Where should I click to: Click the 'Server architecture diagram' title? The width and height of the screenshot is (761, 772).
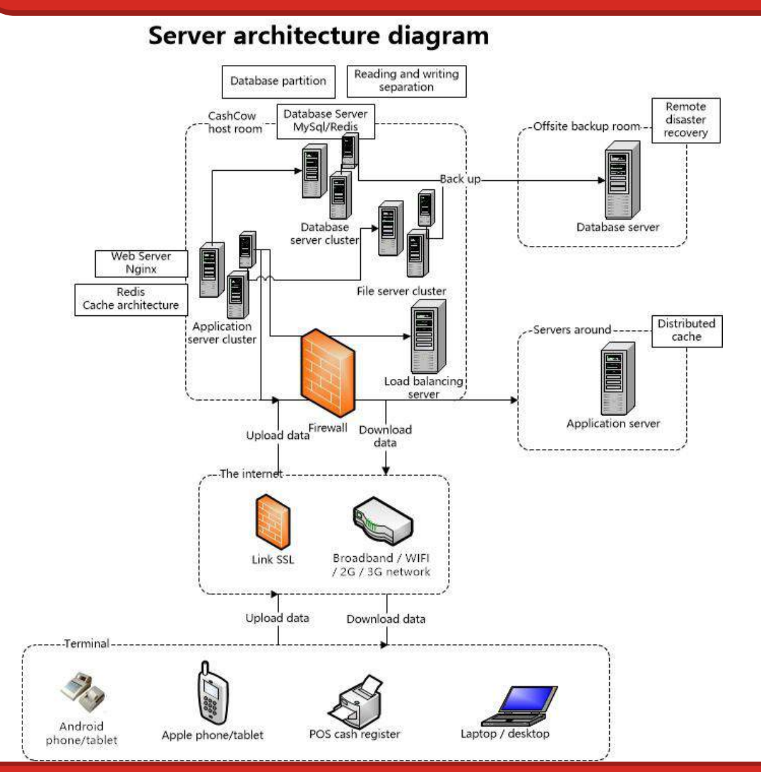coord(318,36)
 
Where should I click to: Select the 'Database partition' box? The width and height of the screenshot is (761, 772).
coord(278,82)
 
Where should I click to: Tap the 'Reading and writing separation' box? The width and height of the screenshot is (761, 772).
coord(406,81)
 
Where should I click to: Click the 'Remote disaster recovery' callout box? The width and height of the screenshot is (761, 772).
coord(685,120)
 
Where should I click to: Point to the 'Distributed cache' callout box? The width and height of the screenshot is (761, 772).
coord(686,330)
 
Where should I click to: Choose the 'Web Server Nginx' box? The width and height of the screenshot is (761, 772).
coord(141,263)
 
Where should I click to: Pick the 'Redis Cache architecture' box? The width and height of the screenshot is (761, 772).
coord(131,299)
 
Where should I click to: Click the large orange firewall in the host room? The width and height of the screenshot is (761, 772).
coord(326,373)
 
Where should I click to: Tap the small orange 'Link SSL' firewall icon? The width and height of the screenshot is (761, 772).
coord(273,524)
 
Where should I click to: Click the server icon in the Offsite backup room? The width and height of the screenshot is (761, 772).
coord(621,180)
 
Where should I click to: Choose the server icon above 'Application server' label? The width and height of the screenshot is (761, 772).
coord(618,378)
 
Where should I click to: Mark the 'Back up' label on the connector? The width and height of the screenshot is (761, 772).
coord(460,179)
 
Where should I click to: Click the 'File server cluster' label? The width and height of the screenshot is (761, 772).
coord(401,291)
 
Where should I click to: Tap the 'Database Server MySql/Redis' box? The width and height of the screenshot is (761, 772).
coord(325,120)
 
